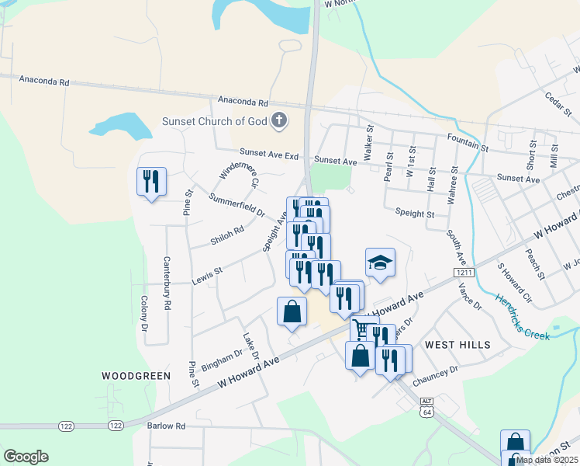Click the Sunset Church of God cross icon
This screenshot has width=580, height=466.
click(279, 120)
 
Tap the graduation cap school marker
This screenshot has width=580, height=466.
click(380, 263)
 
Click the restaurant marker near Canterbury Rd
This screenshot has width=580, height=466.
click(150, 182)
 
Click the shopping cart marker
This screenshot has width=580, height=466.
click(361, 329)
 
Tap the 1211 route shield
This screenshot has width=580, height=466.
click(464, 273)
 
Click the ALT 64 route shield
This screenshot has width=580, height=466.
click(426, 406)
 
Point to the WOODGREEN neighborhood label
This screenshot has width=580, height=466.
click(136, 376)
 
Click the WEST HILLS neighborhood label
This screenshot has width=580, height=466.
click(457, 344)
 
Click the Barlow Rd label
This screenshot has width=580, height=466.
click(167, 426)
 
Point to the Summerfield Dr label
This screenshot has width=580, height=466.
click(236, 205)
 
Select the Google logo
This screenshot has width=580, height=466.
click(26, 457)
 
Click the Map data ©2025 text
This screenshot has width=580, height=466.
click(546, 460)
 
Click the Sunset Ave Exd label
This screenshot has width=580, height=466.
click(268, 155)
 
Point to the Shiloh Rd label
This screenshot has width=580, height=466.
click(227, 235)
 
